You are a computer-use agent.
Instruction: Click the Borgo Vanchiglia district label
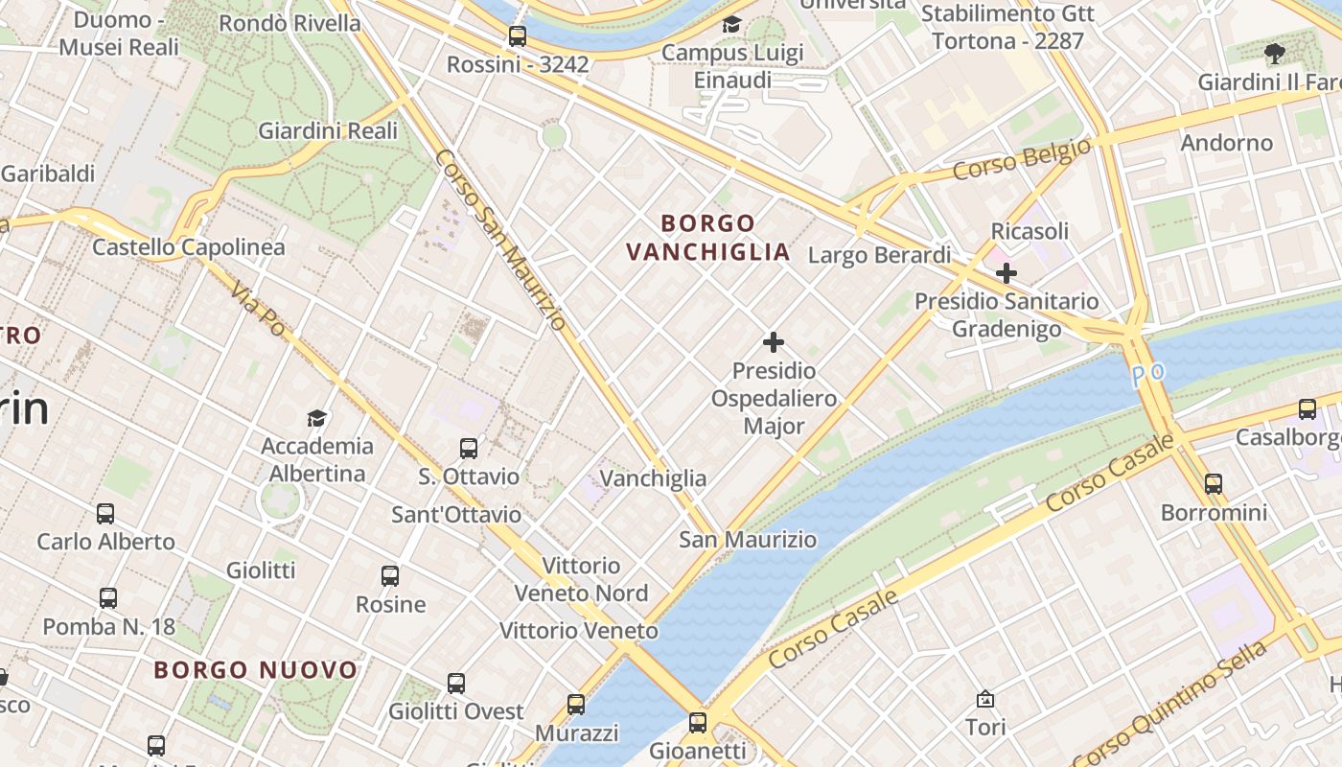(x=708, y=238)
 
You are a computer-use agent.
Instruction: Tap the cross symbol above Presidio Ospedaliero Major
(x=774, y=342)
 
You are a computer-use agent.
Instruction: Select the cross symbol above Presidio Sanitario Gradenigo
(x=1006, y=273)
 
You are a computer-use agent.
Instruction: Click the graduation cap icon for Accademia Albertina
(x=316, y=418)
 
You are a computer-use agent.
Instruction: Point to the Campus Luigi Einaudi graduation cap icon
(x=732, y=25)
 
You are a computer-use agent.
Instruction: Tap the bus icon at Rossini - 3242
(x=518, y=36)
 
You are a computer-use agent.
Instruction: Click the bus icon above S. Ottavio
(x=469, y=448)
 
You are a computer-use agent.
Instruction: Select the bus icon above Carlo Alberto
(x=105, y=513)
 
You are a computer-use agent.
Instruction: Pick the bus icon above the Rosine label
(x=390, y=575)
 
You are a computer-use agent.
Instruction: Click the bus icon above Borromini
(x=1214, y=483)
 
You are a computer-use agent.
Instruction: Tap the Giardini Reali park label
(x=328, y=130)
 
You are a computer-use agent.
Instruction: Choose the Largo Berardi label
(x=880, y=255)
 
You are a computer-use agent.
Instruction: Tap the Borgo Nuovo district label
(x=256, y=670)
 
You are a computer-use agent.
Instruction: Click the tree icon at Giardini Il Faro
(x=1274, y=54)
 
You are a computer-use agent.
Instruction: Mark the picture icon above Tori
(x=985, y=699)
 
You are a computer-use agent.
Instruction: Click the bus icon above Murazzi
(x=576, y=705)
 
